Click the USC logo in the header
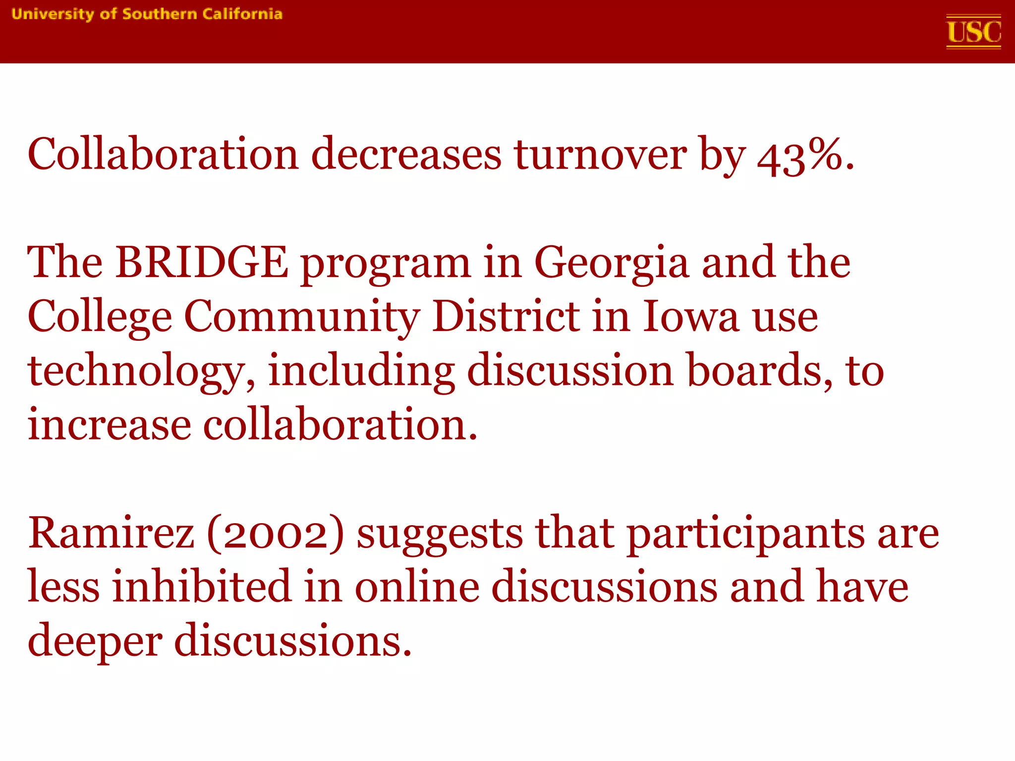(x=973, y=32)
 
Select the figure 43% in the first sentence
(x=799, y=156)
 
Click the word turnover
(x=600, y=155)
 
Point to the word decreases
(x=406, y=155)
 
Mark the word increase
(x=110, y=425)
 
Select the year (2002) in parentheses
(x=275, y=534)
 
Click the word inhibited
(x=201, y=587)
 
